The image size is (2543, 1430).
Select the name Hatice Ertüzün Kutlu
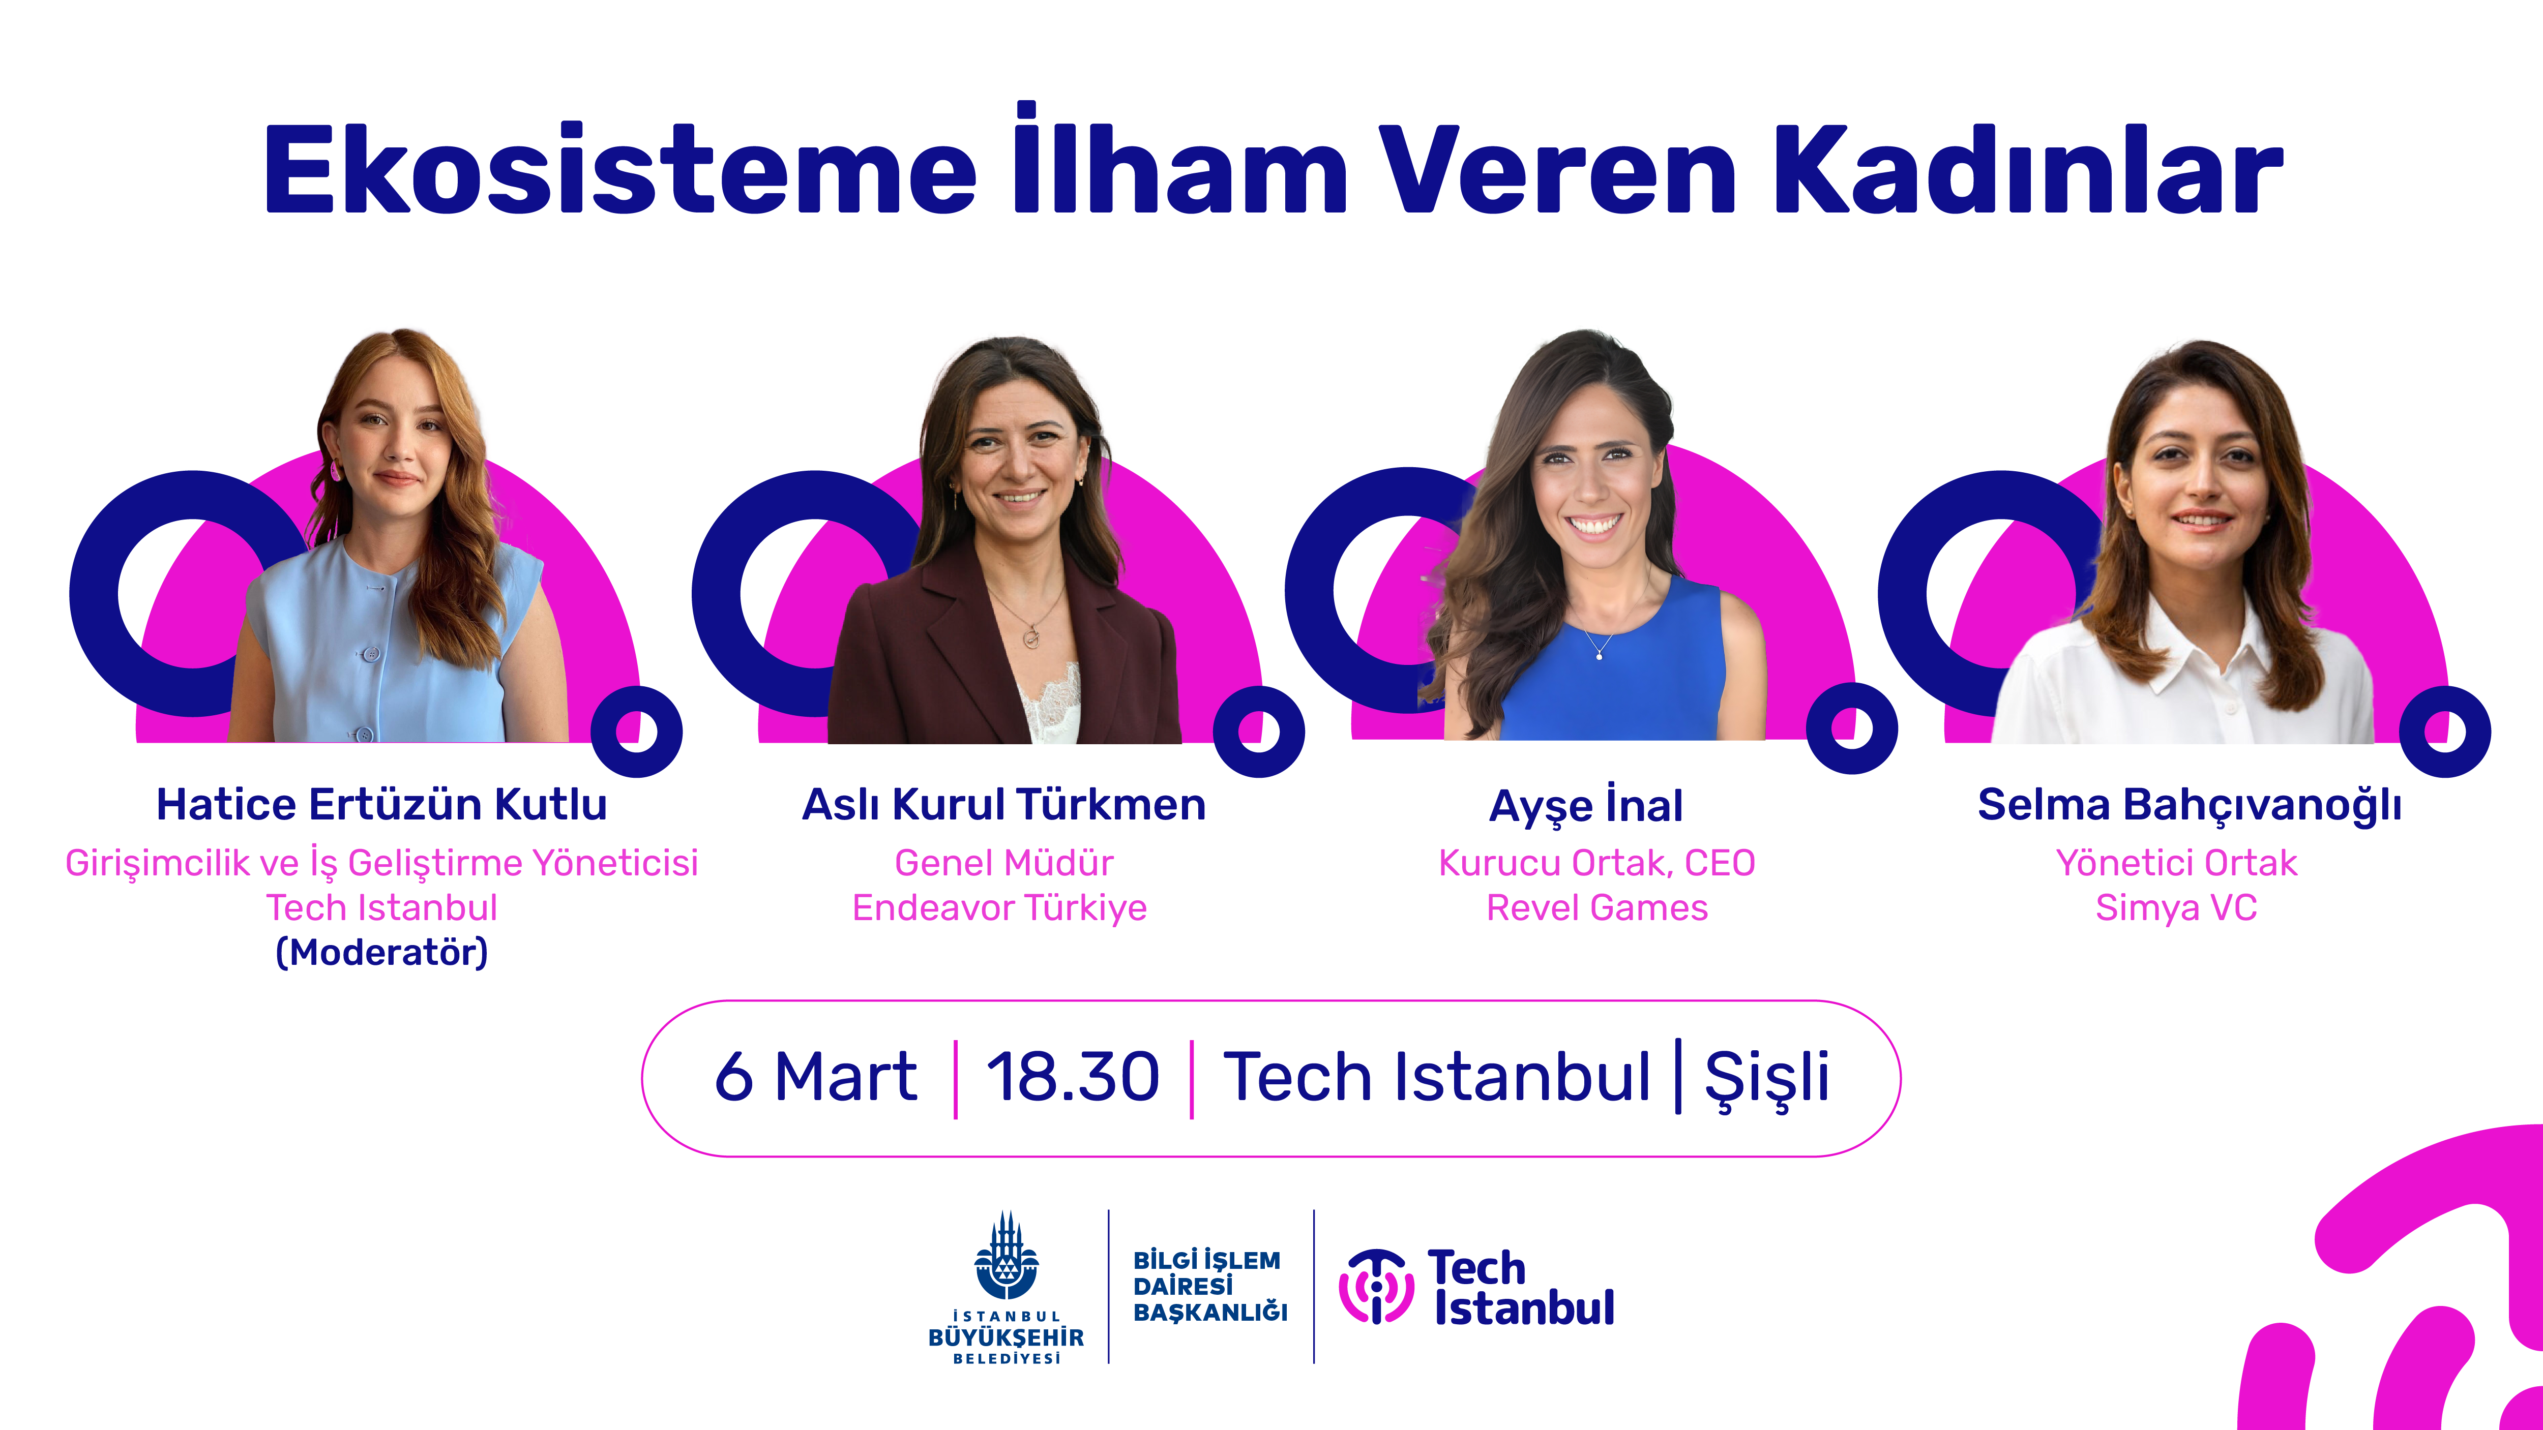[x=382, y=804]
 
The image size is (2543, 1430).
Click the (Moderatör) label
[x=382, y=952]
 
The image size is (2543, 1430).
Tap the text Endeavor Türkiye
[x=1000, y=907]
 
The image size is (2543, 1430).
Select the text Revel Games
[x=1598, y=907]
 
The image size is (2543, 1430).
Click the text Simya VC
[x=2177, y=907]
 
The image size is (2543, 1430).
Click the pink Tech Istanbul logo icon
[x=1376, y=1286]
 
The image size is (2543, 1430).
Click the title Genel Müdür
[x=1004, y=863]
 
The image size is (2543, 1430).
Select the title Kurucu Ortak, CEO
[x=1598, y=863]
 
